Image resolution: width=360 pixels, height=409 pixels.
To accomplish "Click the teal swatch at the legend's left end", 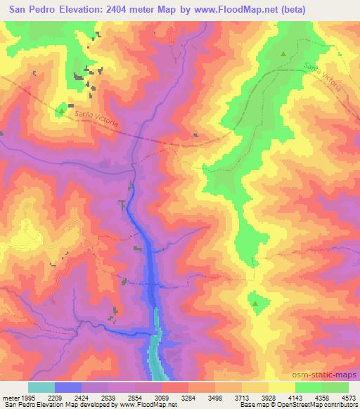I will pyautogui.click(x=41, y=387).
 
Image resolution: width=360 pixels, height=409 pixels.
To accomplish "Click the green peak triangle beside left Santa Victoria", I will pyautogui.click(x=61, y=110).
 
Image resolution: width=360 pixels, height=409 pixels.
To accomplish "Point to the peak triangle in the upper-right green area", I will pyautogui.click(x=283, y=54).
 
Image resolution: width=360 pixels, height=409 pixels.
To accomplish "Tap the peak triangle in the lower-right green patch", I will pyautogui.click(x=255, y=304).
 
